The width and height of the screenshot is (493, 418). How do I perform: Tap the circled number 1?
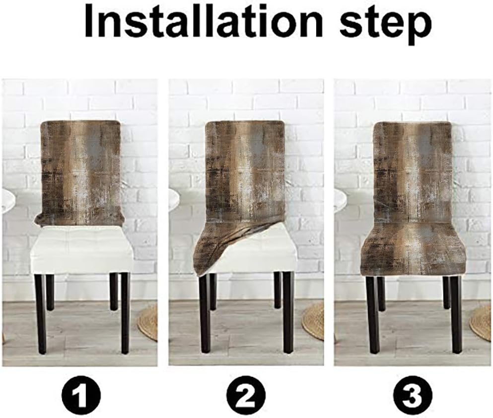click(80, 393)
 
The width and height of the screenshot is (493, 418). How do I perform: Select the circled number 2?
click(246, 393)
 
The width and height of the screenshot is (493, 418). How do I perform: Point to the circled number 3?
click(413, 393)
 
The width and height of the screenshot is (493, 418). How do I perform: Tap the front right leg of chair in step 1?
click(125, 313)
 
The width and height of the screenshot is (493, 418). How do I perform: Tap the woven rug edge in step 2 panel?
click(313, 321)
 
